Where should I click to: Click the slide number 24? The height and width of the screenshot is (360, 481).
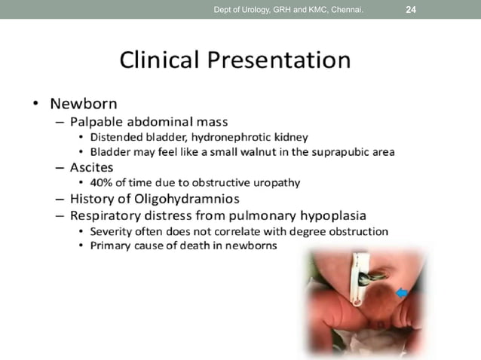coord(411,10)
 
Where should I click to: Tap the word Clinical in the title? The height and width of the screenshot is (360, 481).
coord(163,60)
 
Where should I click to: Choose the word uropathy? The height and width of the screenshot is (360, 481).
coord(276,183)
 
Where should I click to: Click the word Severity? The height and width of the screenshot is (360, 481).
coord(112,230)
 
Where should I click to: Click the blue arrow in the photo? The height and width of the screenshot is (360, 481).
coord(402,293)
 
